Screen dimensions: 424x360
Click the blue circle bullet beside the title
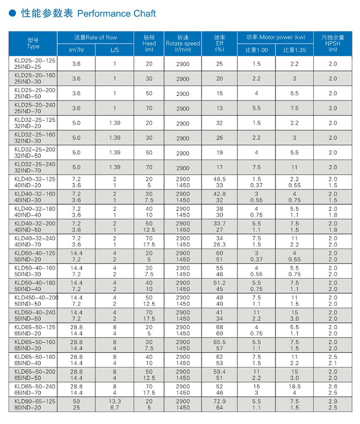click(13, 14)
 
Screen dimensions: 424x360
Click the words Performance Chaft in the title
click(116, 14)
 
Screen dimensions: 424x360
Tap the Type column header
click(33, 43)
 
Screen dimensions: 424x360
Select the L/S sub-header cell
click(114, 50)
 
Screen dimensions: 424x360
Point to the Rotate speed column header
click(183, 43)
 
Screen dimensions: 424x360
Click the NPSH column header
click(332, 43)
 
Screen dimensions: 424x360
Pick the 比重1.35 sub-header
click(294, 50)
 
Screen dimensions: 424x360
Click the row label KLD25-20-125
click(35, 61)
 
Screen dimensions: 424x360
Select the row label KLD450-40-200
click(36, 297)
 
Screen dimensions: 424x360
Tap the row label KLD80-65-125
click(35, 401)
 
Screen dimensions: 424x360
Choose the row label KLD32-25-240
click(35, 164)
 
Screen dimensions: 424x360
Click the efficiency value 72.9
click(219, 401)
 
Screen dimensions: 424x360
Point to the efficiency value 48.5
click(219, 179)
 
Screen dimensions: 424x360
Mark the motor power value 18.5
click(294, 386)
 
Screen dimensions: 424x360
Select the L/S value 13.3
click(114, 401)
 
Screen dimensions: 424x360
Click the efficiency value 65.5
click(219, 342)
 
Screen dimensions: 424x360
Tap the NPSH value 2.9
click(332, 401)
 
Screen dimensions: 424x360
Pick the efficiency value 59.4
click(219, 372)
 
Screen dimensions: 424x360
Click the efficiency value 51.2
click(219, 283)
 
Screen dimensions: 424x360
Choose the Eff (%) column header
click(219, 43)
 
